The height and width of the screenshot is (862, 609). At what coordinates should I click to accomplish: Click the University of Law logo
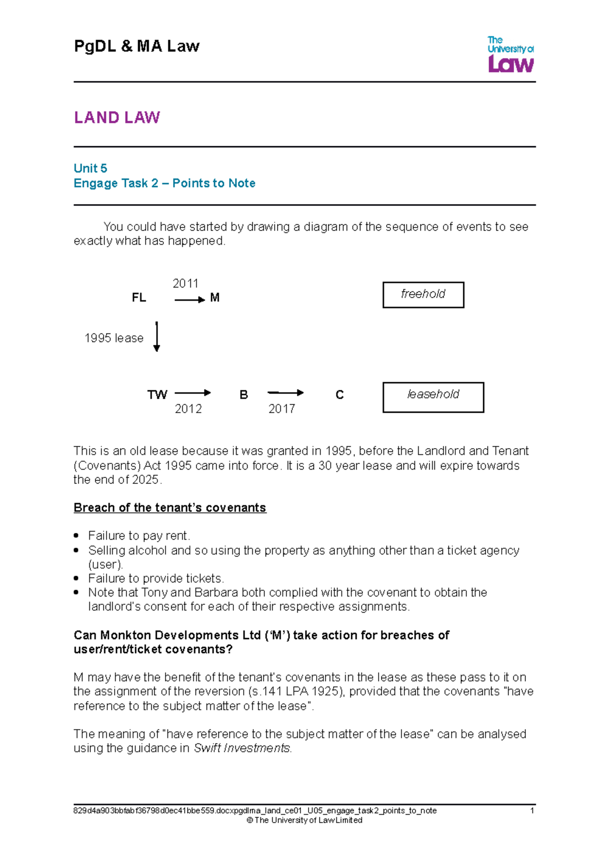(511, 54)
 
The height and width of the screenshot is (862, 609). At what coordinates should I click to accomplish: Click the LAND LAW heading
(117, 118)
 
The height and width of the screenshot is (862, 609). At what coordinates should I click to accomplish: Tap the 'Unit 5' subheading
(90, 169)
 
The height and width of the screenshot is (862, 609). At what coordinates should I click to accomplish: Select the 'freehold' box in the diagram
(423, 294)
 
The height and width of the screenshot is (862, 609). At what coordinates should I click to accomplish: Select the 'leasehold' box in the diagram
(433, 397)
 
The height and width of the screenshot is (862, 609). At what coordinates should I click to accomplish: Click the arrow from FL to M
(189, 300)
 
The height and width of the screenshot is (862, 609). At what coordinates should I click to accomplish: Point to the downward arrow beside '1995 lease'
(157, 337)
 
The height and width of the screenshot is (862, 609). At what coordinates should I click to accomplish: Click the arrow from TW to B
(192, 392)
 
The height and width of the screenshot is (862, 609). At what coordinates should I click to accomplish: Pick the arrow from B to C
(285, 392)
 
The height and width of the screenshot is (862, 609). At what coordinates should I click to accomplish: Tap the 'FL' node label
(139, 298)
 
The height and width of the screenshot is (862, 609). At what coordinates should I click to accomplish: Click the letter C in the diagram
(340, 395)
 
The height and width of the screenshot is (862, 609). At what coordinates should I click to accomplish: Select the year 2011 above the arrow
(185, 284)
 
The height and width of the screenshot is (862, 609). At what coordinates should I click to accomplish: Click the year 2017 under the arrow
(282, 409)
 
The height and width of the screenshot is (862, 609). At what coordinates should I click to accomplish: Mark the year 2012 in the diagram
(188, 409)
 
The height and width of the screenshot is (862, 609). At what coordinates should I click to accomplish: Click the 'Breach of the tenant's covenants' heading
(170, 508)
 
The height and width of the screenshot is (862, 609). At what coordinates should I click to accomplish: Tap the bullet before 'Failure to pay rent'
(76, 536)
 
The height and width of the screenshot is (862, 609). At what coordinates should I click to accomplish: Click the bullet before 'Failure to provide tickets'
(76, 578)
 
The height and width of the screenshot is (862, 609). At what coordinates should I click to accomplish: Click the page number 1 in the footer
(532, 811)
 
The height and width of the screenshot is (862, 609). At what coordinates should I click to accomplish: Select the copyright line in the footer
(304, 820)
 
